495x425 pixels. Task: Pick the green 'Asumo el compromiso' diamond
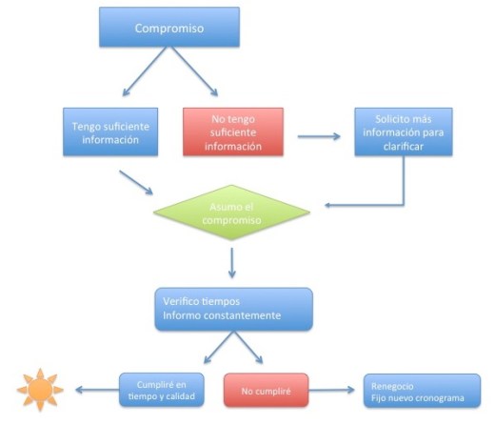[x=232, y=214]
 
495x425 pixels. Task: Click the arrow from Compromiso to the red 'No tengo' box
[x=198, y=75]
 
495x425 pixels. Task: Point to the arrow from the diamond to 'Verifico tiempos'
[x=232, y=261]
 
